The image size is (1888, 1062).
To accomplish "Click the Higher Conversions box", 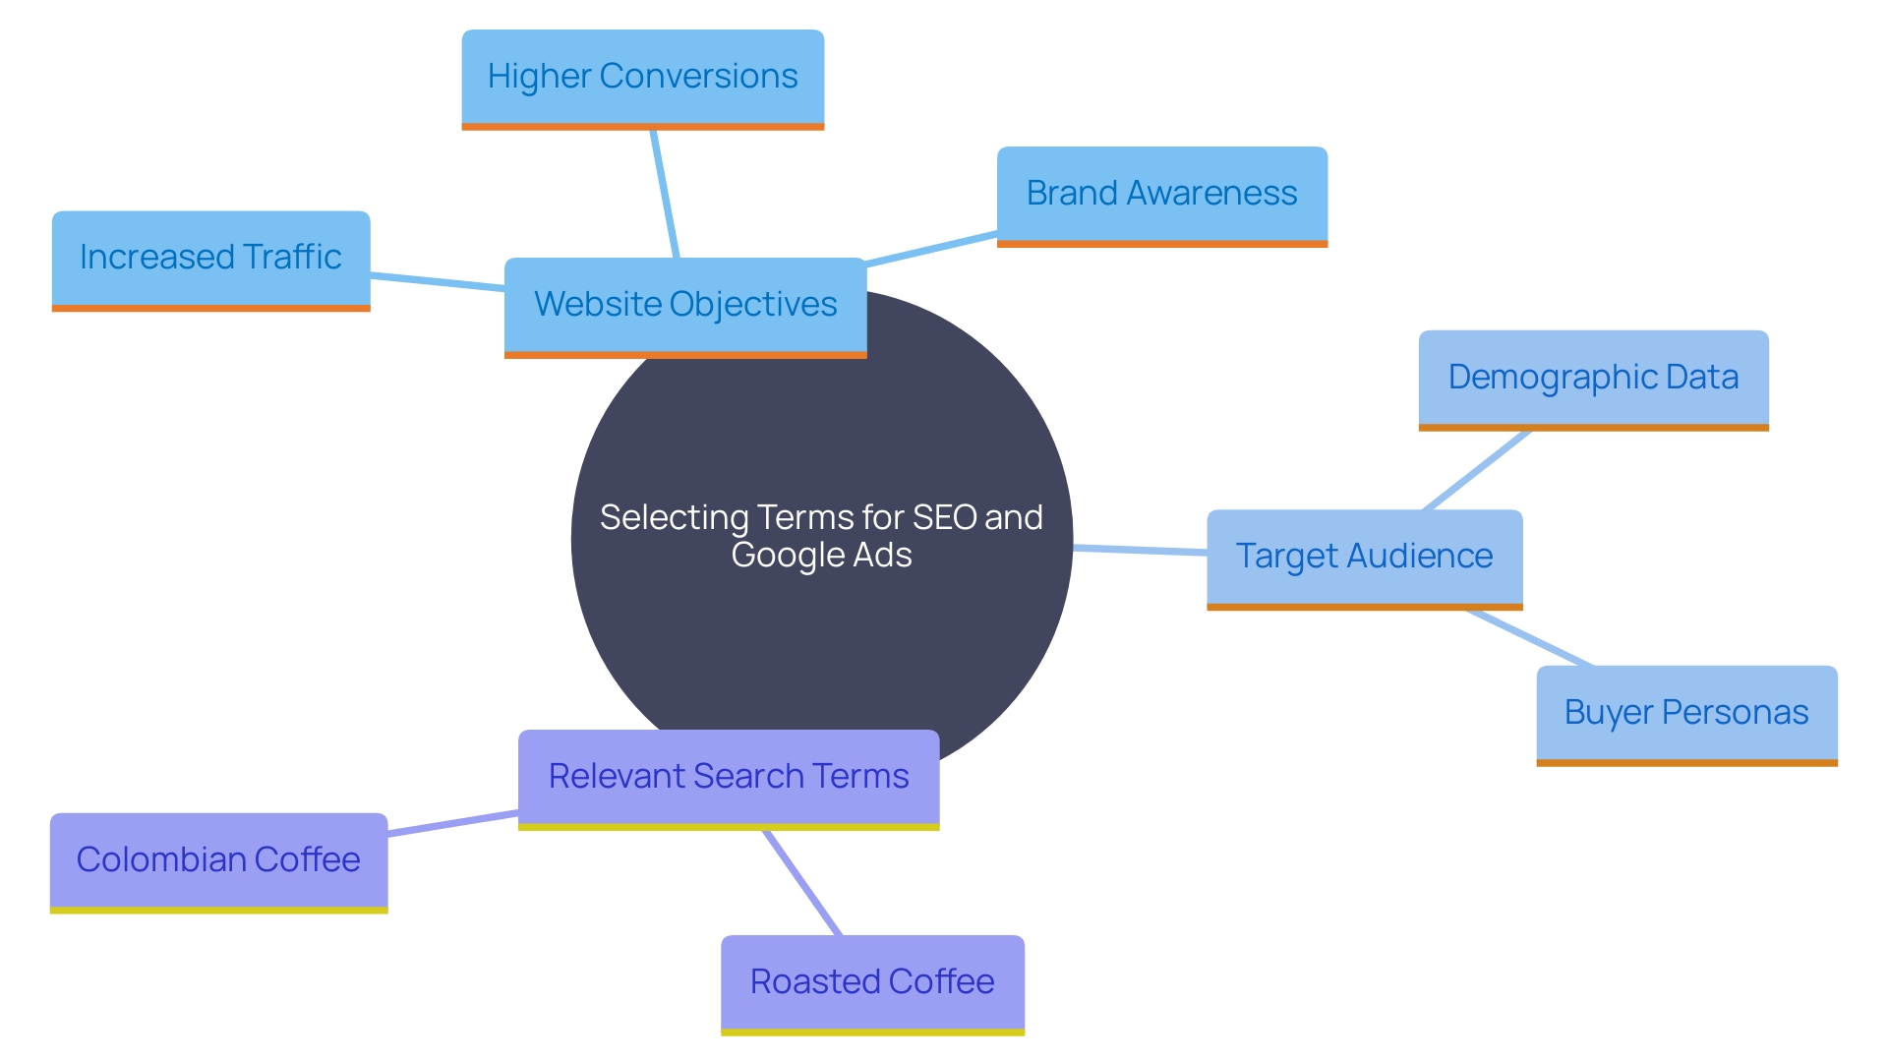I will click(x=642, y=78).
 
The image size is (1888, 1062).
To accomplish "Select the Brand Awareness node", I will click(x=1161, y=194).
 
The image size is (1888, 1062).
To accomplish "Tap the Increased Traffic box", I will click(x=210, y=258).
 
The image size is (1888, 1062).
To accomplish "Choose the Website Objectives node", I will click(x=685, y=305).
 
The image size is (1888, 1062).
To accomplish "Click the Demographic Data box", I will click(x=1593, y=378).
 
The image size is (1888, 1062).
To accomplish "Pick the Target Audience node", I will click(x=1364, y=557).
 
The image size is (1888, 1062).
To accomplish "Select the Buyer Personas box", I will click(x=1686, y=713).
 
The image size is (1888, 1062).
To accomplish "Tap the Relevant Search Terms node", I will click(x=729, y=777).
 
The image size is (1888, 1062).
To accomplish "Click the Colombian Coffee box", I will click(x=218, y=860).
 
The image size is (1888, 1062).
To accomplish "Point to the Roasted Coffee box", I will click(x=872, y=982).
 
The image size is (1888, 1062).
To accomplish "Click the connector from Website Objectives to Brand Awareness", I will click(x=931, y=249).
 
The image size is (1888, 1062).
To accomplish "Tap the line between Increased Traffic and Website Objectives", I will click(x=437, y=282).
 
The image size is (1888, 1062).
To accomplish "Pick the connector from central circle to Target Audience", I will click(x=1141, y=550).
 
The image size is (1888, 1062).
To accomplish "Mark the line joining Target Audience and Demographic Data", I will click(x=1477, y=470).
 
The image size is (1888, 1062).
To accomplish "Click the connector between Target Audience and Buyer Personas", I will click(x=1529, y=637).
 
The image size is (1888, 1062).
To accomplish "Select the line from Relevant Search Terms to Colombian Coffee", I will click(x=452, y=823).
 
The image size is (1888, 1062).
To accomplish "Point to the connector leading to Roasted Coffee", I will click(x=801, y=882).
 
